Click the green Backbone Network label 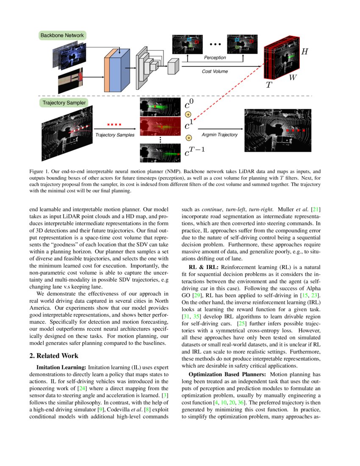[62, 35]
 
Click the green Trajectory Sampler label [64, 103]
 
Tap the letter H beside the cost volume [304, 52]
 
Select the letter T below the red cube [269, 85]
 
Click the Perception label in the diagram [215, 58]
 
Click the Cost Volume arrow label [214, 72]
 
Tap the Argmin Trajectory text [219, 135]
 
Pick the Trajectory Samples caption [114, 135]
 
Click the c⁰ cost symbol [189, 104]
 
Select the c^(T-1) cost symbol [194, 151]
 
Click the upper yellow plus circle [188, 114]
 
